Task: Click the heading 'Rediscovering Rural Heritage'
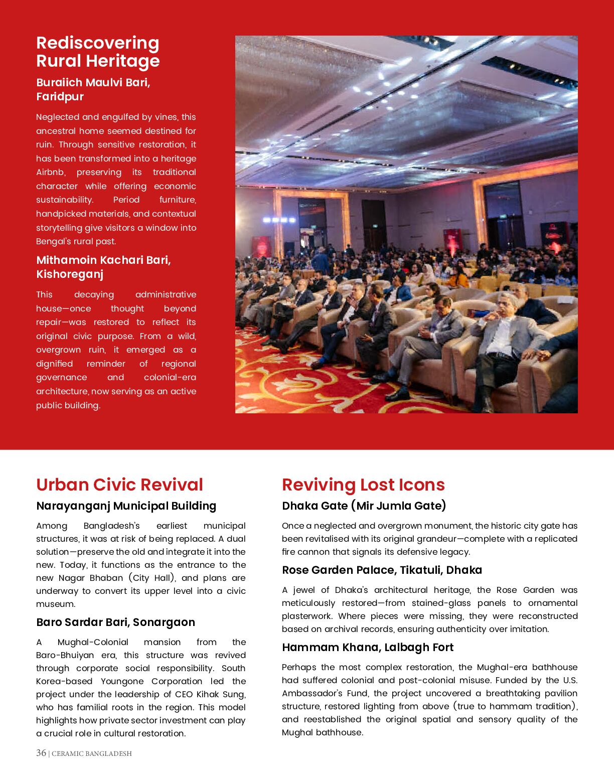click(x=98, y=52)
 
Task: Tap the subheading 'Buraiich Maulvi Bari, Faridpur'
click(x=93, y=89)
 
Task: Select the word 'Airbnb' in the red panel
click(x=51, y=173)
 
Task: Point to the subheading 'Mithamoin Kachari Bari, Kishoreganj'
click(x=103, y=267)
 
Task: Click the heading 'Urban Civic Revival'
click(x=119, y=485)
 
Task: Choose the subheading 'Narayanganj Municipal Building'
click(x=126, y=506)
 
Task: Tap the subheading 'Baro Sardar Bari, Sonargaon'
click(x=115, y=622)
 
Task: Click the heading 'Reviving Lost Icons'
click(x=363, y=485)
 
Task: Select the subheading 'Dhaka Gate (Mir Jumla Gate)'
click(x=364, y=506)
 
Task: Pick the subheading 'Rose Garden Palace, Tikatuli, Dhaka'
click(x=382, y=570)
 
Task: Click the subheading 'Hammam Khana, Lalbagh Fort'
click(x=368, y=647)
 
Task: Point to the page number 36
click(x=41, y=753)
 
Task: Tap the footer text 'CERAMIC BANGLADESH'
click(x=92, y=753)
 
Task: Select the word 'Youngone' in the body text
click(x=123, y=681)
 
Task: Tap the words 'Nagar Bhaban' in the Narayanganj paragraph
click(x=91, y=578)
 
